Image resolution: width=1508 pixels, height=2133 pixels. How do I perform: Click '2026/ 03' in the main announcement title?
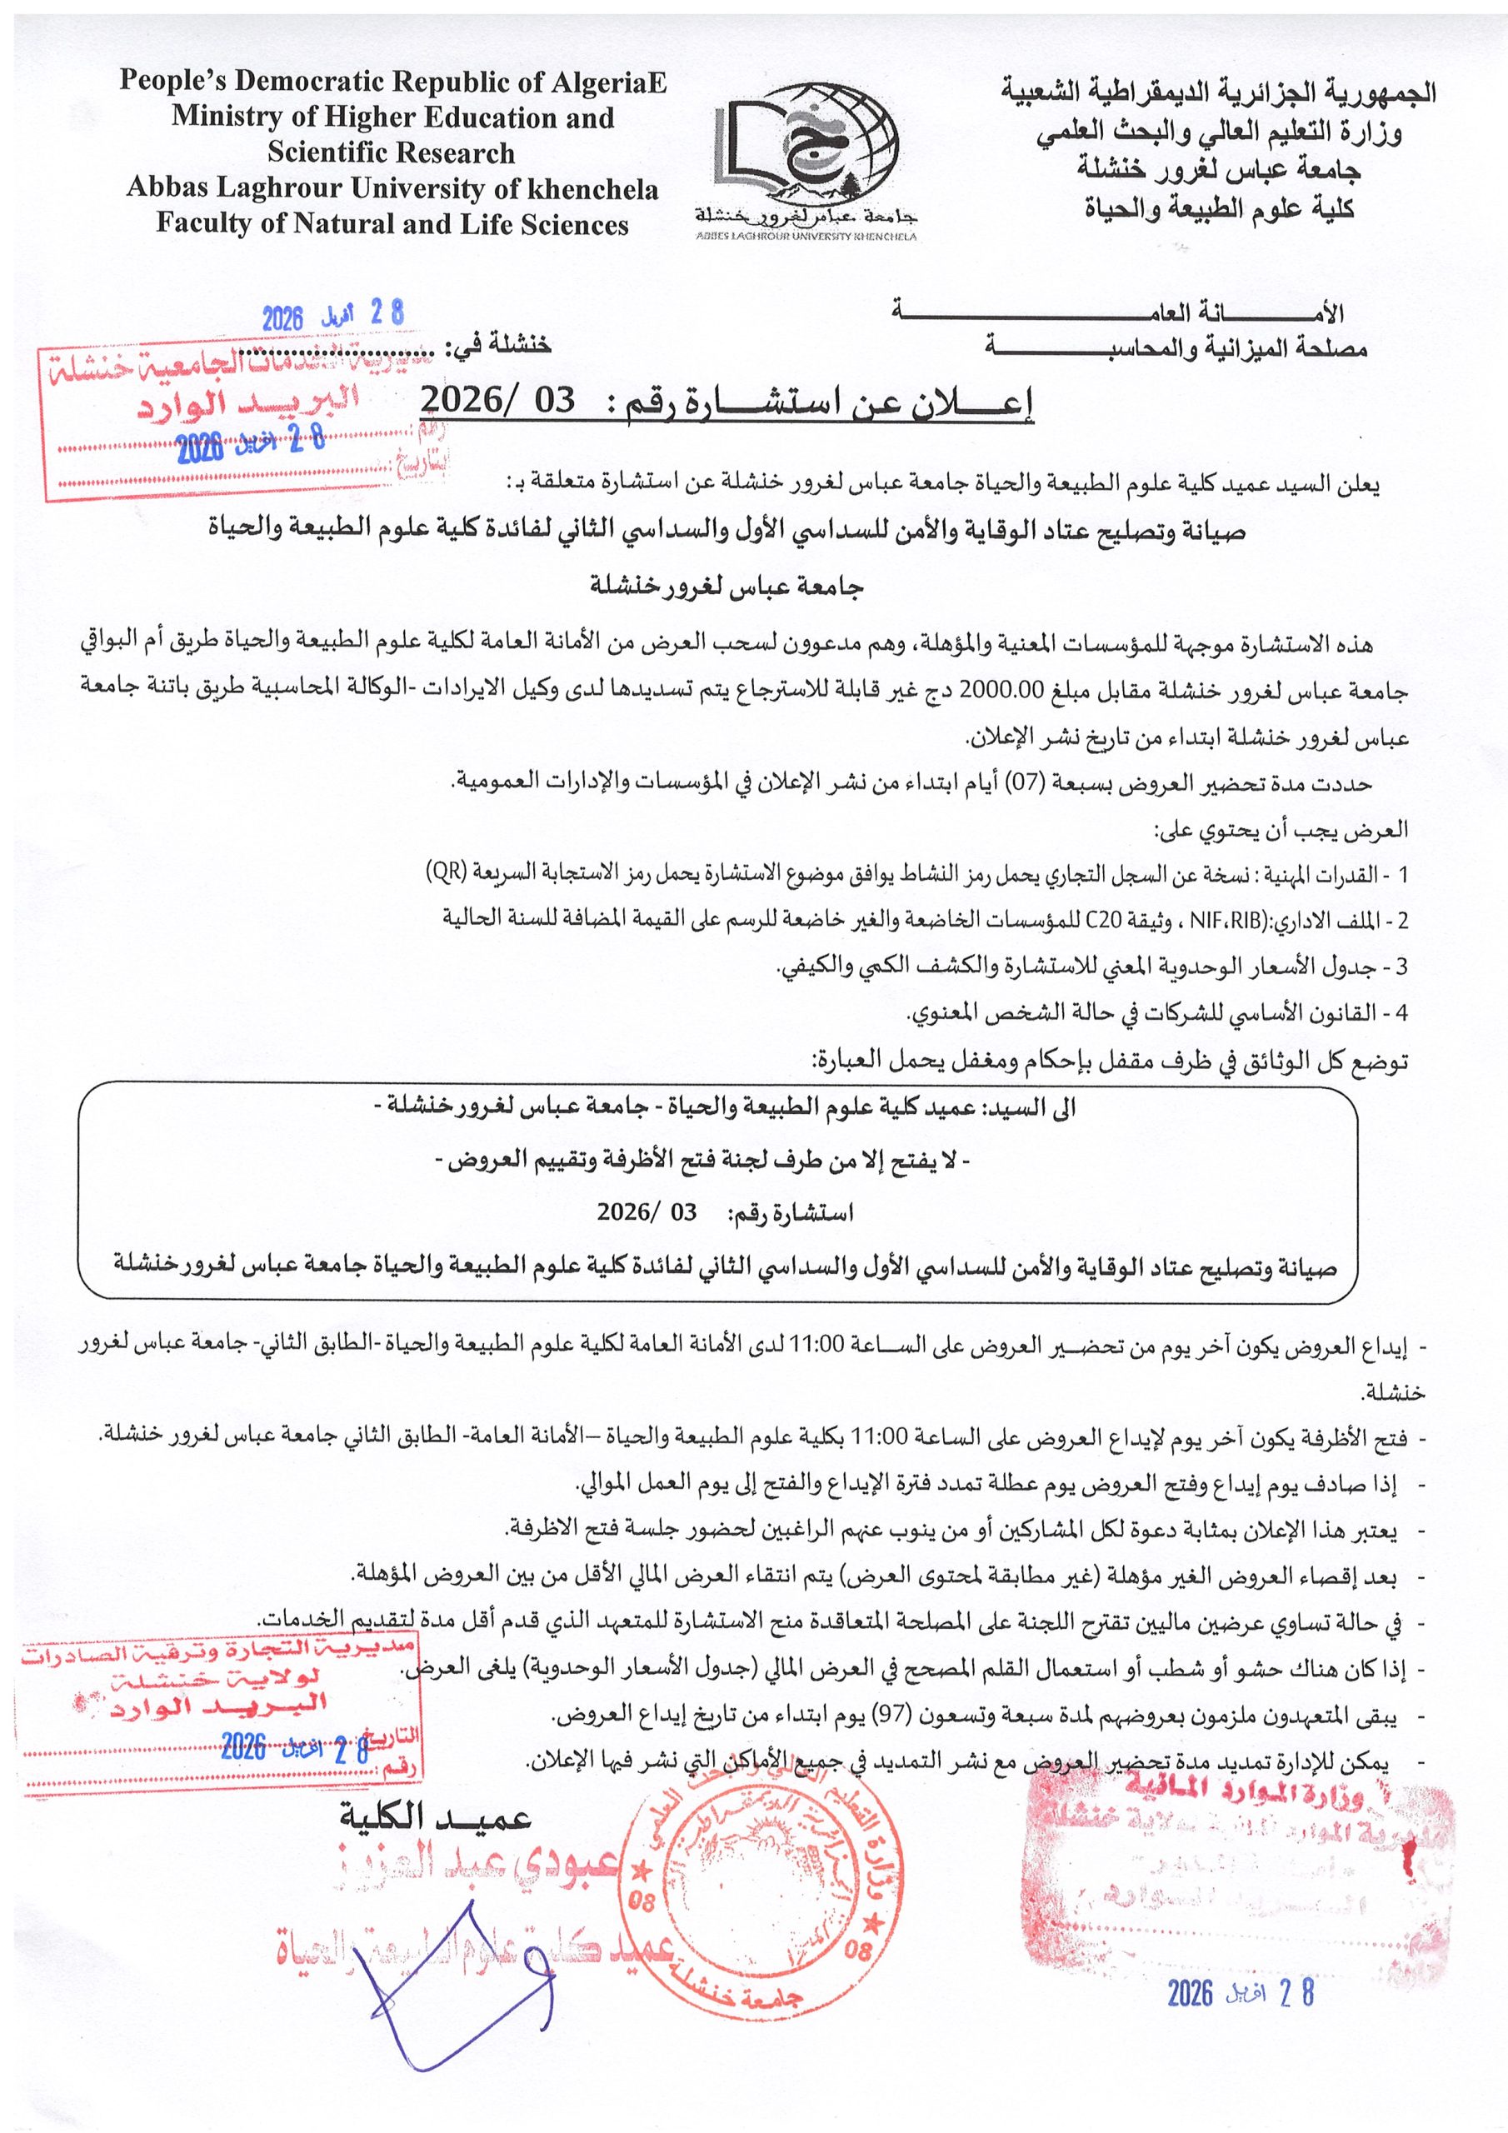coord(499,401)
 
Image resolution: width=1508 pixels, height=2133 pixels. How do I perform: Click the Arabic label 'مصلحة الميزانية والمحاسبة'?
coord(1176,349)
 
